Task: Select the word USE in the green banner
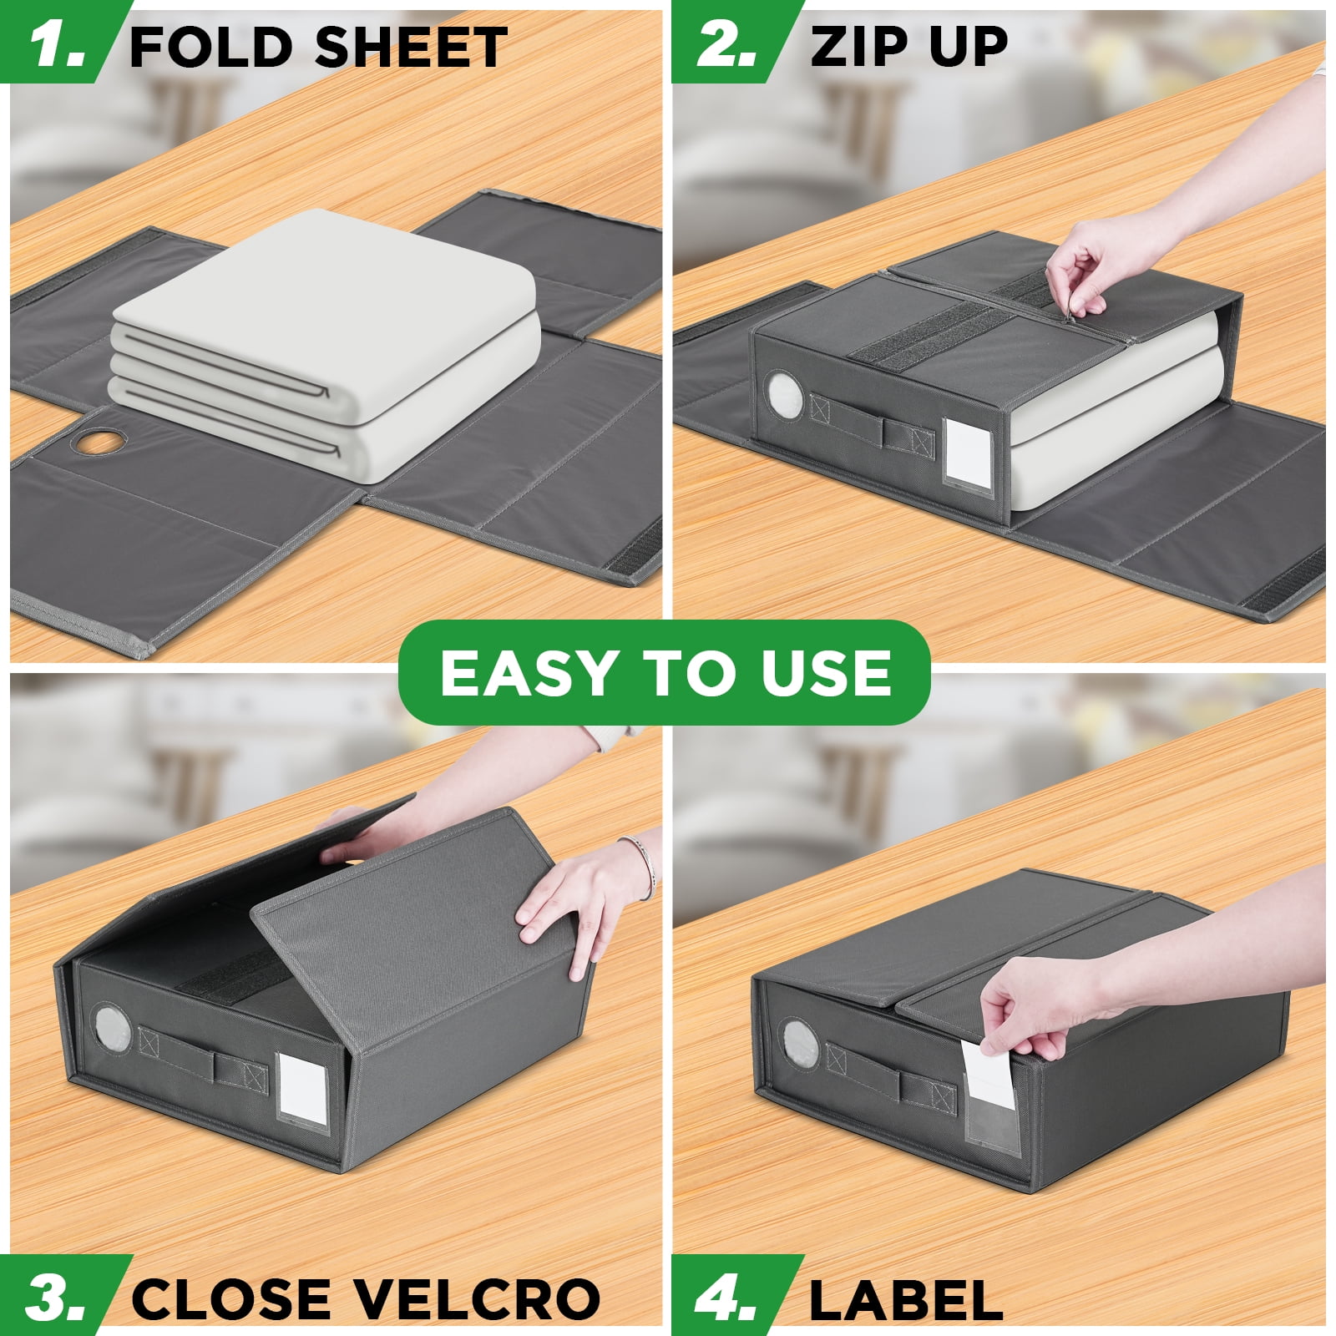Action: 827,673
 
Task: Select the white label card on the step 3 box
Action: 301,1091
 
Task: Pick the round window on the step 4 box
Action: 799,1043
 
